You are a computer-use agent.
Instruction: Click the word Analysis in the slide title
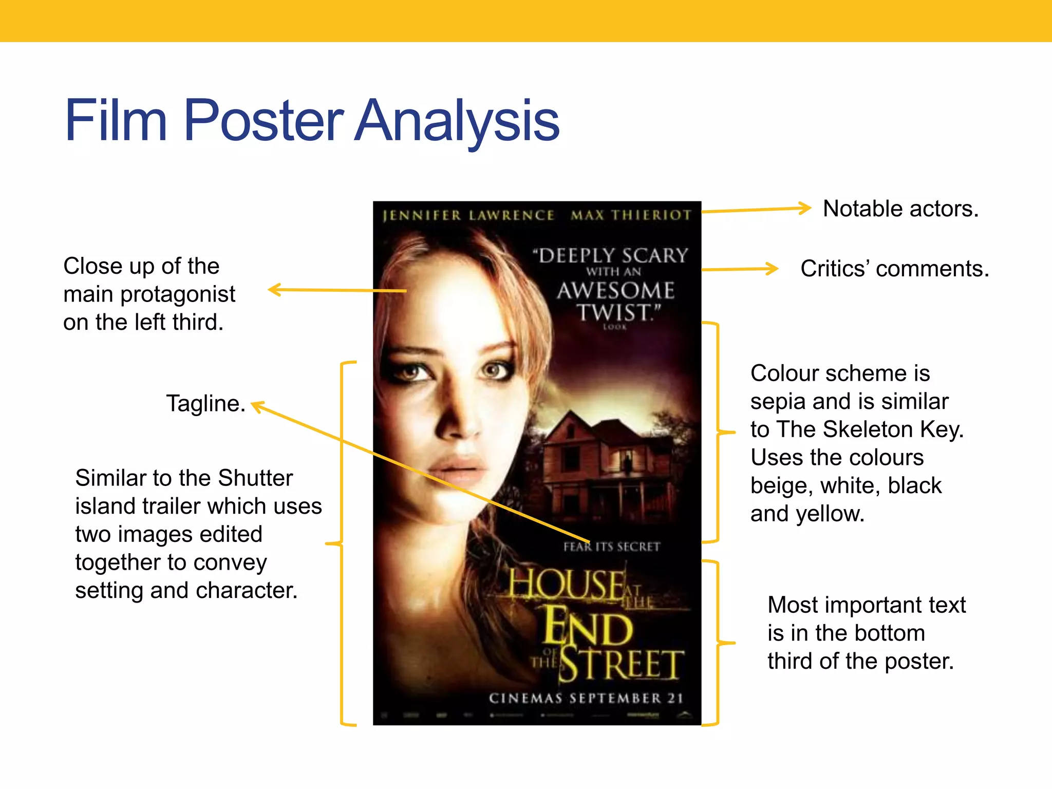click(x=456, y=121)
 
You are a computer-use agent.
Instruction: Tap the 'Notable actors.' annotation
click(x=900, y=209)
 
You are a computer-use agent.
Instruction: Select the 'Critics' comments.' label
click(x=894, y=269)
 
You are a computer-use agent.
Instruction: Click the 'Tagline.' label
click(x=205, y=403)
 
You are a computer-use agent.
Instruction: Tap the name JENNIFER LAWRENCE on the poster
click(x=468, y=215)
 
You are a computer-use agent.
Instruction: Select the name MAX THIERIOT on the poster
click(x=631, y=215)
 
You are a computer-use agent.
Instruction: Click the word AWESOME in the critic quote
click(x=615, y=291)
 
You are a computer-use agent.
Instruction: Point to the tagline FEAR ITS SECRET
click(x=611, y=547)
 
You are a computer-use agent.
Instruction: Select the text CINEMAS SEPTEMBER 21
click(x=586, y=698)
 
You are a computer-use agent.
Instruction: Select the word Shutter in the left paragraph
click(x=255, y=478)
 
